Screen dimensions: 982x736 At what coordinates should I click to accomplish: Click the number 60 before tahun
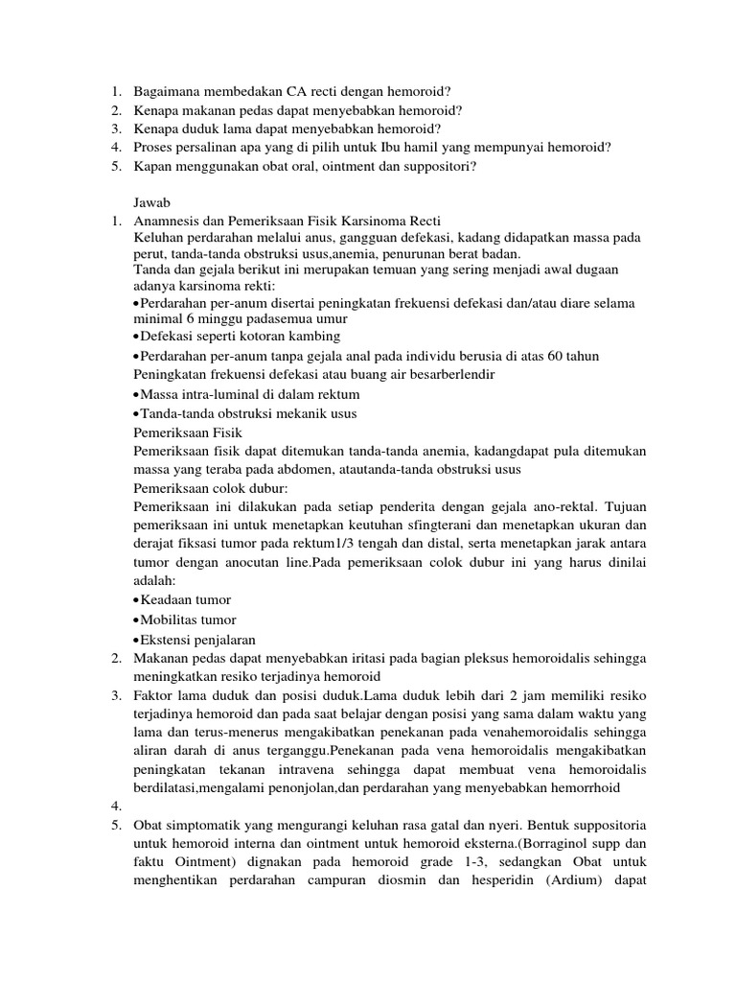(x=542, y=356)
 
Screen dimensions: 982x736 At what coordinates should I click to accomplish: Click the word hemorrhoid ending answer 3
(x=581, y=787)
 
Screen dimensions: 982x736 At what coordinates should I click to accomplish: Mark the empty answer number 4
(x=116, y=807)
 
